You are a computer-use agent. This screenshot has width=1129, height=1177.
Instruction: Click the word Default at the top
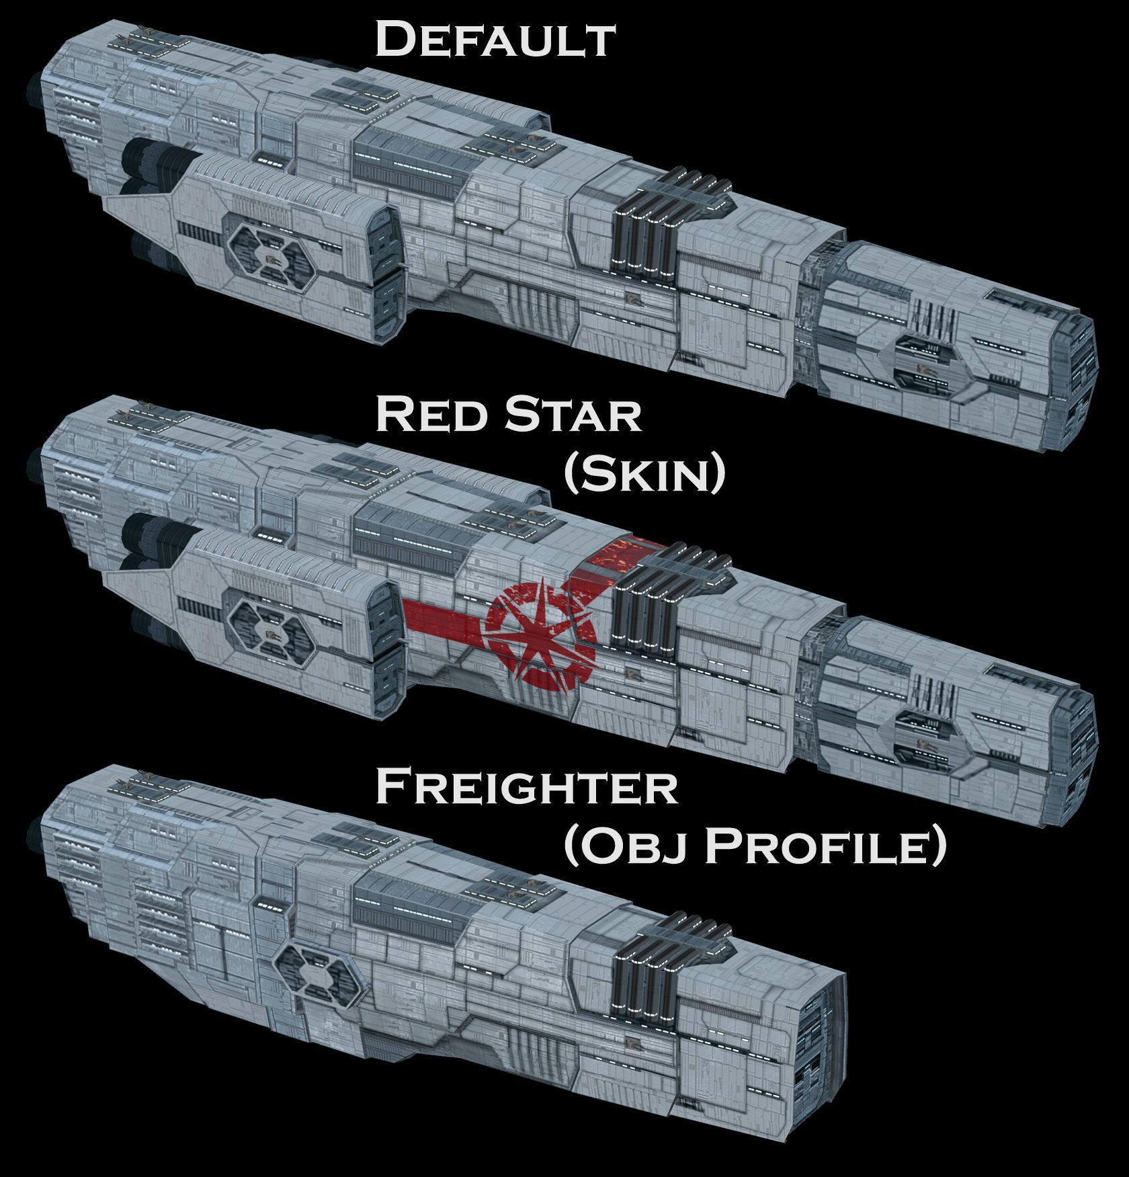coord(494,39)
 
